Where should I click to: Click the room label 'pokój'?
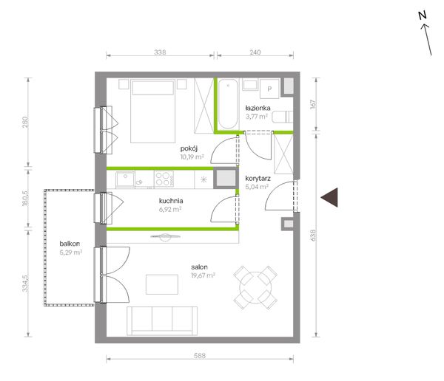coord(189,148)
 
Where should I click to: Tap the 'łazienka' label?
coord(258,108)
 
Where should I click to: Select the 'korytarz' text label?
coord(258,179)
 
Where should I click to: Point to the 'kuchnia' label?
coord(171,201)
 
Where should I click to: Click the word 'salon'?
coord(199,267)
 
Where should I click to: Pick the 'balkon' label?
coord(70,244)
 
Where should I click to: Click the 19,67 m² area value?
coord(203,275)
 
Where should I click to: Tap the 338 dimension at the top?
coord(160,52)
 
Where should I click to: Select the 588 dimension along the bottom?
coord(200,356)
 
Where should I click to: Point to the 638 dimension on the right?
coord(313,235)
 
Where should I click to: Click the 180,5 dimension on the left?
coord(25,198)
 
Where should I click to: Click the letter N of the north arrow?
coord(423,16)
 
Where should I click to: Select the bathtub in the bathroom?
coord(228,103)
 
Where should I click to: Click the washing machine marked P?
coord(269,89)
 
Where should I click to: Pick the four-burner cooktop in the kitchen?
coord(164,179)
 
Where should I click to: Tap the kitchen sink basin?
coord(125,179)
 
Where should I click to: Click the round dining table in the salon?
coord(255,288)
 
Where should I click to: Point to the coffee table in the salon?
coord(162,284)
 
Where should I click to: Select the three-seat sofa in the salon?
coord(162,321)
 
